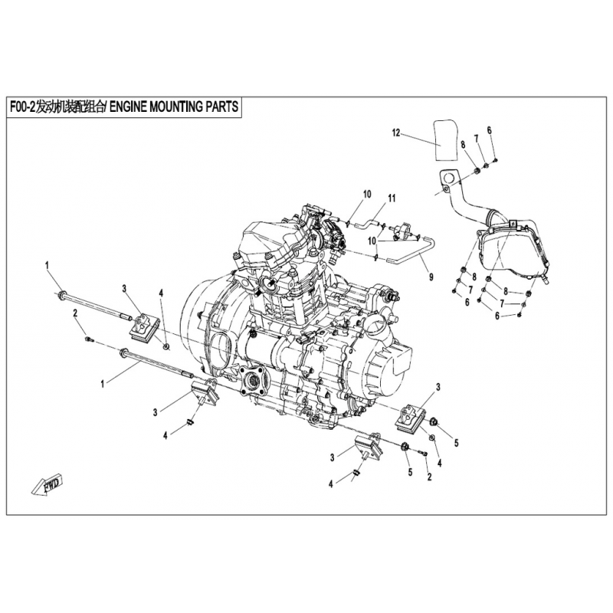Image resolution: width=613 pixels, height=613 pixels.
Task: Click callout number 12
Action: click(396, 133)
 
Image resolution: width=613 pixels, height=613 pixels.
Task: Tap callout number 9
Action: click(431, 277)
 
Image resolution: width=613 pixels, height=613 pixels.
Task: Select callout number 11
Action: click(392, 198)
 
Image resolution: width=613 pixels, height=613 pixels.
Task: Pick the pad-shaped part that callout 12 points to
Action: click(446, 140)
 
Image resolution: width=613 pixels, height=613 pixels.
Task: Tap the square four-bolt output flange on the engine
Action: click(254, 379)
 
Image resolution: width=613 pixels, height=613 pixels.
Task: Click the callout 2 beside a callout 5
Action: click(429, 477)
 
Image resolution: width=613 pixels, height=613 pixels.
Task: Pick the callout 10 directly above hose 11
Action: click(367, 195)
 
